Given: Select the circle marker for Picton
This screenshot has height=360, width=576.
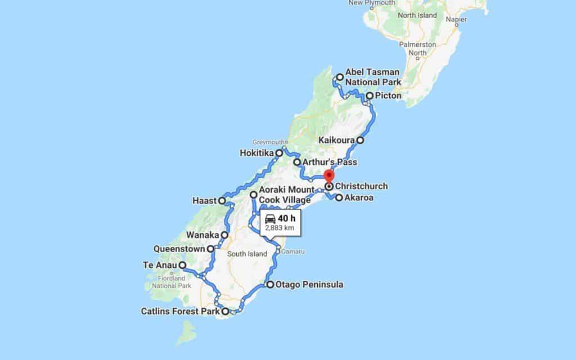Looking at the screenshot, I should tap(370, 96).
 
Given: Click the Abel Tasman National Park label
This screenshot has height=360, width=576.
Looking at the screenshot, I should tap(372, 77).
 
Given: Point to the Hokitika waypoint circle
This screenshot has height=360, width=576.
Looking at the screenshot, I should tap(278, 152).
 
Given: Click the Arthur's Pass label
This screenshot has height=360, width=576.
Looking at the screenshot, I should tap(329, 163).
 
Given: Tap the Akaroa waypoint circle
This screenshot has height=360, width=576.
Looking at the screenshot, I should tap(339, 197).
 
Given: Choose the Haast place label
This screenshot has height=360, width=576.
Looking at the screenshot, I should tap(204, 200).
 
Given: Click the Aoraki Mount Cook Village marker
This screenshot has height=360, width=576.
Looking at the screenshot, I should tap(254, 195).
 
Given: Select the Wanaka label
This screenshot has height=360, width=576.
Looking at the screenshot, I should tap(202, 235).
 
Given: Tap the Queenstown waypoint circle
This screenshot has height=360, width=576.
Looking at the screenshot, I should tap(210, 248).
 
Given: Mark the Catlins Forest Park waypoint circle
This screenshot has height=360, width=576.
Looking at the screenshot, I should tap(226, 311).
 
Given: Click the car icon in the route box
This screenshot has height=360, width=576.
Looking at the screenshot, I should tap(270, 218).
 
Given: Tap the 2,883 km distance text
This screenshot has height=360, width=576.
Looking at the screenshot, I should tap(280, 228).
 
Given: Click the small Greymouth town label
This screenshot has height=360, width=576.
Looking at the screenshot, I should tap(269, 142).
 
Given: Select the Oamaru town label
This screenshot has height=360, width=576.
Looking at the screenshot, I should tap(292, 251).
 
